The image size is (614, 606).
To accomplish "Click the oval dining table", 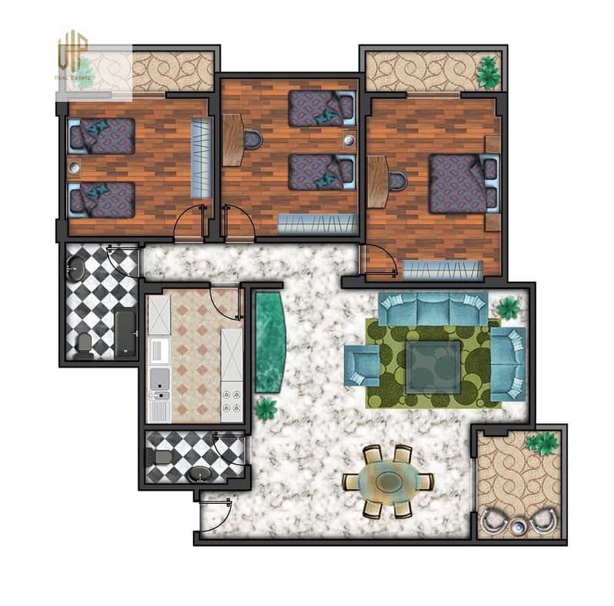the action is (x=387, y=481).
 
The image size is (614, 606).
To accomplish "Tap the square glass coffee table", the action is (x=433, y=366).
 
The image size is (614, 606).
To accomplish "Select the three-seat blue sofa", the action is (x=433, y=308).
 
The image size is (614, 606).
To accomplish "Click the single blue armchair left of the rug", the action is (x=362, y=365).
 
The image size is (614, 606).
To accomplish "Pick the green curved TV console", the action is (x=270, y=341).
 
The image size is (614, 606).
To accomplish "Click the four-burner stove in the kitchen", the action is (x=231, y=401).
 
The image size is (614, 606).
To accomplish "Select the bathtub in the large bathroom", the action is (x=126, y=334).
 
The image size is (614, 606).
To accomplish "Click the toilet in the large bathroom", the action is (x=84, y=346).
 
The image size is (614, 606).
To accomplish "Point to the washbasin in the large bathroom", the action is (x=75, y=268).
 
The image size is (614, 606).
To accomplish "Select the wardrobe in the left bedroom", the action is (x=202, y=158).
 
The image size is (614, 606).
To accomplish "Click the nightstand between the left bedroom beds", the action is (x=74, y=168).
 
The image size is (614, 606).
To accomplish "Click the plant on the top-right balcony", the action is (x=489, y=72).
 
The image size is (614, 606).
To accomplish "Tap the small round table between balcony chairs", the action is (x=517, y=528).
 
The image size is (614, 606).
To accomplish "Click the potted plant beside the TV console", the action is (x=266, y=408).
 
